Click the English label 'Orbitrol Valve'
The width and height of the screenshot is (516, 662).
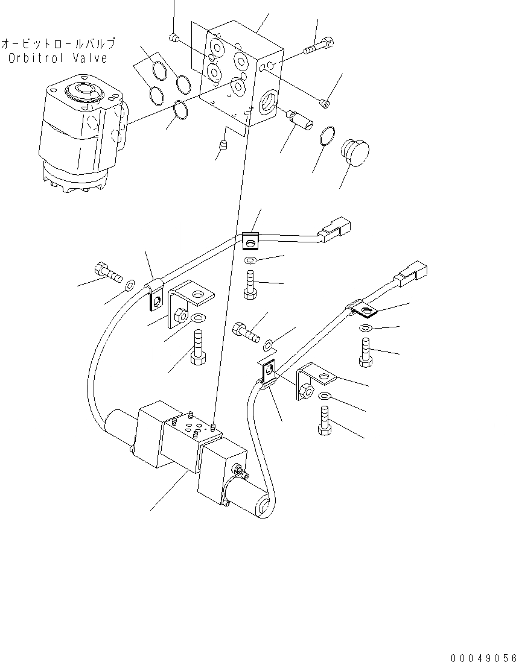tap(59, 58)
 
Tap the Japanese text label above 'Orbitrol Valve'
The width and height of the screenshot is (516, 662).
tap(58, 44)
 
